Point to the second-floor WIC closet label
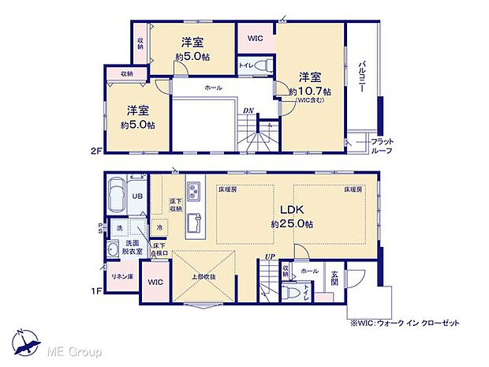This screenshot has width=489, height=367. coord(255,38)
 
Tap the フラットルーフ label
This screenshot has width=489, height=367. coord(383,144)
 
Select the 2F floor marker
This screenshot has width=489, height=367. coord(95,150)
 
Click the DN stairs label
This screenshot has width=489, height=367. coord(248,110)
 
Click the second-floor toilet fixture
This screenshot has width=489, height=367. coord(262,66)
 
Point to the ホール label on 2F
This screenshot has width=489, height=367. coord(212,88)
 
